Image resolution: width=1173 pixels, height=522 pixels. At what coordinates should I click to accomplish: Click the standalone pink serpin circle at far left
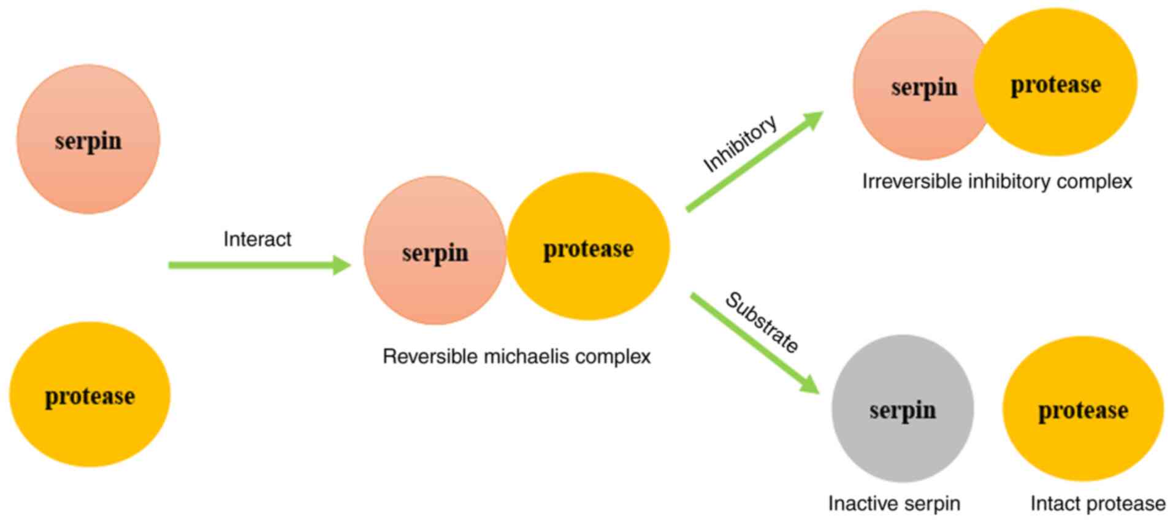88,140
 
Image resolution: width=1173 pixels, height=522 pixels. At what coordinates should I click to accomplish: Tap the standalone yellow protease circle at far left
90,394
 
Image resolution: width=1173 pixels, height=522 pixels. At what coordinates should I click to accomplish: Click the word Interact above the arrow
257,239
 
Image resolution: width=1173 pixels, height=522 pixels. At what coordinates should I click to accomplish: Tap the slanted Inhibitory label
739,144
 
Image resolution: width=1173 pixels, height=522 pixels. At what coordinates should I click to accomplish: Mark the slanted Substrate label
762,323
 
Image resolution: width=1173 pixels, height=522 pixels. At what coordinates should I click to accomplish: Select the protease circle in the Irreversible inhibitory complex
1055,83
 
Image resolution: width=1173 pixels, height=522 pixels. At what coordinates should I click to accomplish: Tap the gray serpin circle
902,409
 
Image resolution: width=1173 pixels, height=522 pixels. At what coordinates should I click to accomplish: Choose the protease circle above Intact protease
1083,409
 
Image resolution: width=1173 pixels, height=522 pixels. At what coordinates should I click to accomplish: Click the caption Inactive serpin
894,504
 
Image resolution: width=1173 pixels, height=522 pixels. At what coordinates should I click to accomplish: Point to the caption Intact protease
1098,504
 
